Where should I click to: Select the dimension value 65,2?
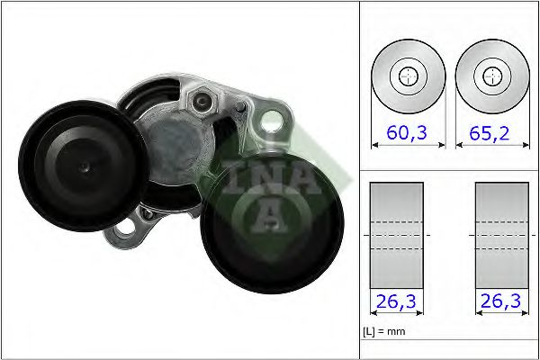point(490,133)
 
